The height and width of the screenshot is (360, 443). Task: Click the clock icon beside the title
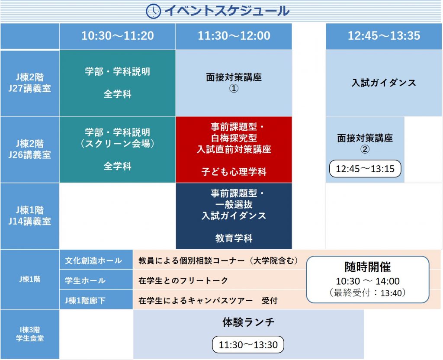pyautogui.click(x=153, y=11)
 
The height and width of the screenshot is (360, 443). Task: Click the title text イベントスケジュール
pyautogui.click(x=227, y=11)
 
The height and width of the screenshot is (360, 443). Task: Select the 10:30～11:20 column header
pyautogui.click(x=118, y=36)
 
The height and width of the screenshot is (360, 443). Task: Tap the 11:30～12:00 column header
pyautogui.click(x=234, y=36)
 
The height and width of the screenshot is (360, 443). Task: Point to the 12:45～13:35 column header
pyautogui.click(x=384, y=36)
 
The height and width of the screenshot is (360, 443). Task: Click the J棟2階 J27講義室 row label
pyautogui.click(x=30, y=83)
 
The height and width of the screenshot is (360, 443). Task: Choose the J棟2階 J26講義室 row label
pyautogui.click(x=30, y=149)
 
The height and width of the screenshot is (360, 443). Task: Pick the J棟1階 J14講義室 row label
pyautogui.click(x=30, y=216)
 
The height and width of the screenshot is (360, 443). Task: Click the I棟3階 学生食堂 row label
pyautogui.click(x=30, y=334)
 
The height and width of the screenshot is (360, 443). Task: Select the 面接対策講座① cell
pyautogui.click(x=234, y=83)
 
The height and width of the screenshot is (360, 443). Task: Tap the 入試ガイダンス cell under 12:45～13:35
pyautogui.click(x=384, y=83)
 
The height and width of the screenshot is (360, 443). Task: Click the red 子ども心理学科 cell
pyautogui.click(x=234, y=149)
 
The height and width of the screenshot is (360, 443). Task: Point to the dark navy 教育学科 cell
pyautogui.click(x=234, y=216)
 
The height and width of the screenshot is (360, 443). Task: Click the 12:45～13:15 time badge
pyautogui.click(x=365, y=169)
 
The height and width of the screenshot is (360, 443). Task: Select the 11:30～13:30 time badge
pyautogui.click(x=248, y=344)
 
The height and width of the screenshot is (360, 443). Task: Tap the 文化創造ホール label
pyautogui.click(x=93, y=260)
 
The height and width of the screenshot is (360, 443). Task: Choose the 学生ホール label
pyautogui.click(x=85, y=280)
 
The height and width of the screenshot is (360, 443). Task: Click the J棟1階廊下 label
pyautogui.click(x=85, y=300)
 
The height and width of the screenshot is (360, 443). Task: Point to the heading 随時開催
pyautogui.click(x=368, y=267)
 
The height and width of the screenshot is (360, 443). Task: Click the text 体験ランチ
pyautogui.click(x=248, y=322)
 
